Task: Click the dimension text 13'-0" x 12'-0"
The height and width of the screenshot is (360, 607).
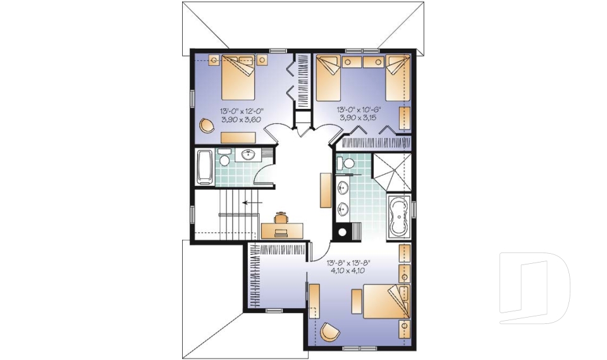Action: tap(241, 110)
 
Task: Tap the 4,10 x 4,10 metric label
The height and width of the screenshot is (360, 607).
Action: tap(347, 268)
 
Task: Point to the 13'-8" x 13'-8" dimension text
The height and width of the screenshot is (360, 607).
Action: tap(347, 260)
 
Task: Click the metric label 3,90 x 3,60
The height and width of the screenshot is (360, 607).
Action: tap(241, 118)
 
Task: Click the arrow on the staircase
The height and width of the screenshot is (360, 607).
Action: tap(253, 203)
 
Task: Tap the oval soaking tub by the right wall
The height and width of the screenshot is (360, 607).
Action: tap(398, 216)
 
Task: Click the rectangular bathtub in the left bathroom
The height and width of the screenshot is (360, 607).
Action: tap(205, 166)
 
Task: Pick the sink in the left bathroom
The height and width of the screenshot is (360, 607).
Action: tap(248, 154)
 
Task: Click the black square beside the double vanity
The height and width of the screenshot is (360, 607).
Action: tap(343, 231)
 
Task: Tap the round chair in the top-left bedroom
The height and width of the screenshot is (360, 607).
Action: tap(207, 125)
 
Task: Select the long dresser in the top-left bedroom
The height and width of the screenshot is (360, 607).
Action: tap(238, 137)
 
